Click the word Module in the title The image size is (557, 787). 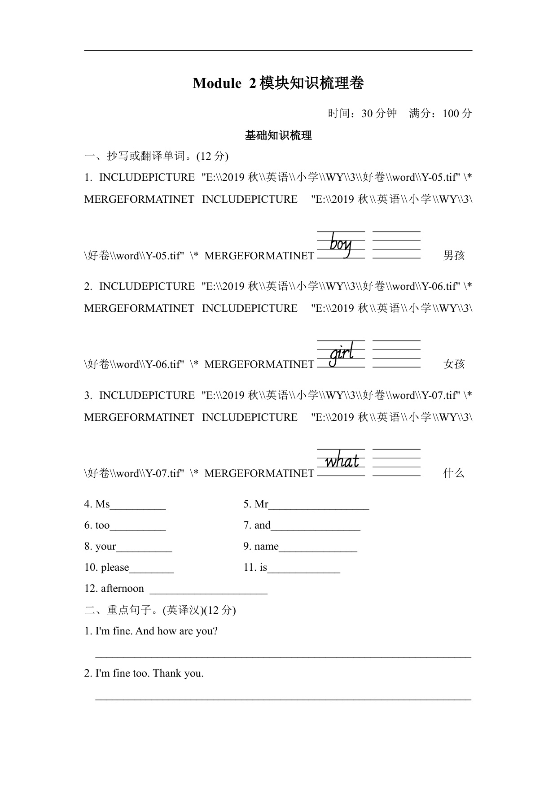click(217, 83)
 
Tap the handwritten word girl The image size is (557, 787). click(342, 354)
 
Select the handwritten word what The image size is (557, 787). click(342, 461)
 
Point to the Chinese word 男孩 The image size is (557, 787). click(454, 256)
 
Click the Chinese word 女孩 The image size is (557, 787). click(454, 364)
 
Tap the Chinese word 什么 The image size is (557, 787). click(454, 473)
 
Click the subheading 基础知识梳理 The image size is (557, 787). click(278, 136)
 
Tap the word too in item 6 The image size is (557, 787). click(102, 525)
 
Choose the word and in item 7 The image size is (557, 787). click(263, 525)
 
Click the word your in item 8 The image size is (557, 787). click(106, 547)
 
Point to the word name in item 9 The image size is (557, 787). click(267, 547)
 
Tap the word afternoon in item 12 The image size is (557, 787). click(123, 589)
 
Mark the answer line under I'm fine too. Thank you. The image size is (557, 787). click(283, 699)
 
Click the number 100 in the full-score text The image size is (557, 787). click(451, 114)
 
